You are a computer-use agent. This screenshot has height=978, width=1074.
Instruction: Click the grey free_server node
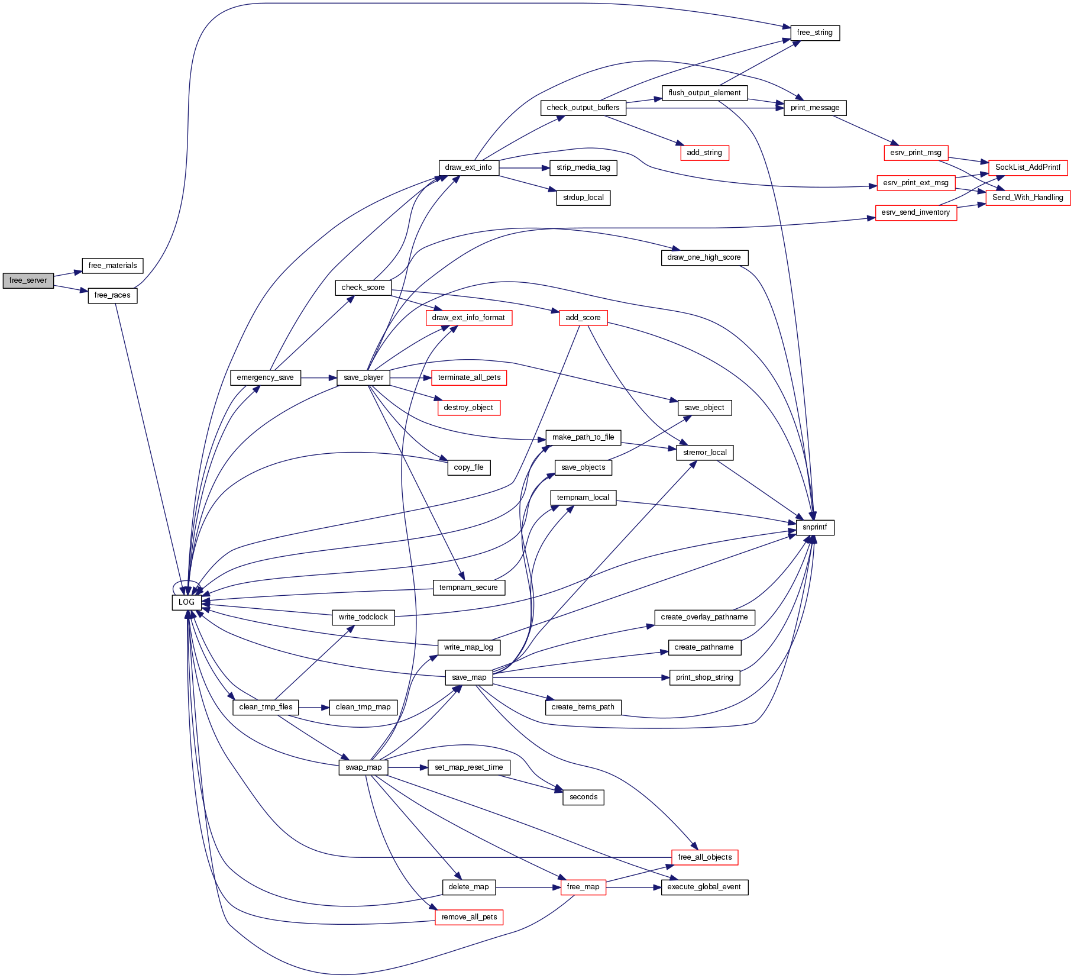click(28, 280)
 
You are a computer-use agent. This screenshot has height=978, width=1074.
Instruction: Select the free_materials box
click(112, 266)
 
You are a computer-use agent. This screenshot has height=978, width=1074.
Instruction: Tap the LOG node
click(186, 602)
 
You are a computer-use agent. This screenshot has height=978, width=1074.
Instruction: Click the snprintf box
click(814, 527)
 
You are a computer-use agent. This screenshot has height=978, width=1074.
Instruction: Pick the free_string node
click(814, 33)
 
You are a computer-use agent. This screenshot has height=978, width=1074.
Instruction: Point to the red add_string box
click(704, 153)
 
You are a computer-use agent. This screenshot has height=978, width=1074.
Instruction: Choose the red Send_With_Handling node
click(1027, 198)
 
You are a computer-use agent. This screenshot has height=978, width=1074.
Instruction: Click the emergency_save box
click(265, 377)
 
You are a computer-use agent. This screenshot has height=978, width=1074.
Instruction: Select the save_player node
click(363, 377)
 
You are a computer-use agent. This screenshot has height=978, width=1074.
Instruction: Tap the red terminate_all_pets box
click(468, 377)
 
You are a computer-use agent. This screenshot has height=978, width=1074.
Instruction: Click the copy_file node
click(468, 467)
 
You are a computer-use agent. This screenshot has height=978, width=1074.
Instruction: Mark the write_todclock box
click(363, 617)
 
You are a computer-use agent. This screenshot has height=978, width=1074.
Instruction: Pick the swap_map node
click(363, 767)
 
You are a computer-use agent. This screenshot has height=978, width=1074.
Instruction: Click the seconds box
click(583, 797)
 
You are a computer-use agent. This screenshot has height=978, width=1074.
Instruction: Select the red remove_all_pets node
click(468, 917)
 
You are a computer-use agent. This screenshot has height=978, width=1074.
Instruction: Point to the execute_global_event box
click(704, 887)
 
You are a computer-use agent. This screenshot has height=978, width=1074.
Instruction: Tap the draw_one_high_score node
click(704, 257)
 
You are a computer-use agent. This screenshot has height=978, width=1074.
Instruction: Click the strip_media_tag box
click(583, 167)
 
